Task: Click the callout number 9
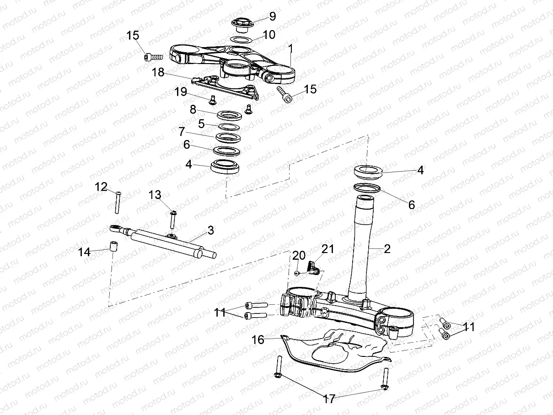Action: click(x=273, y=17)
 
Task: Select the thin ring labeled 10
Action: click(x=240, y=40)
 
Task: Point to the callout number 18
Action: click(x=158, y=72)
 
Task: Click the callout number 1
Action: click(x=291, y=48)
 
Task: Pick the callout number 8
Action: click(x=193, y=109)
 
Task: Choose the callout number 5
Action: click(x=201, y=123)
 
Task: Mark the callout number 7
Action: click(x=182, y=132)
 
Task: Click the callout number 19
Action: click(x=181, y=92)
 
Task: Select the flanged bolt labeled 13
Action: click(x=173, y=219)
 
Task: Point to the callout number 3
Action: click(x=210, y=231)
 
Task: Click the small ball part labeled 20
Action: click(x=296, y=273)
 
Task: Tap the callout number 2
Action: click(x=387, y=249)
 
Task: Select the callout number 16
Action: click(x=258, y=340)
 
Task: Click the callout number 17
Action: click(x=329, y=399)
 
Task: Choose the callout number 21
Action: click(x=328, y=250)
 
